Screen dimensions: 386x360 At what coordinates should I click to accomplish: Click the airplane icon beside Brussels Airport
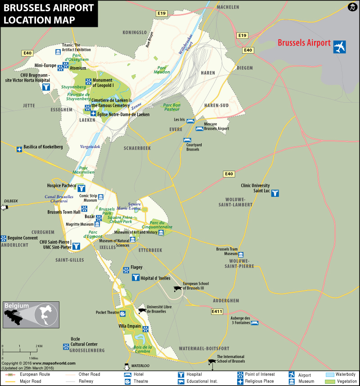click(340, 46)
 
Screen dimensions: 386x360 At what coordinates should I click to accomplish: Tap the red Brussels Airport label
click(304, 44)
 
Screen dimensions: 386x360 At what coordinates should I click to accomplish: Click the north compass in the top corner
click(352, 8)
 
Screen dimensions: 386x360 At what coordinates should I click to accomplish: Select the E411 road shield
click(217, 311)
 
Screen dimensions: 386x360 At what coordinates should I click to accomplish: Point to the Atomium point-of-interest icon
click(66, 66)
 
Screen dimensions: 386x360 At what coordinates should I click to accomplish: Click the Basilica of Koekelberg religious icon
click(19, 150)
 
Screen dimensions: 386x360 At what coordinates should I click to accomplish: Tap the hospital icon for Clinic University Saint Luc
click(275, 193)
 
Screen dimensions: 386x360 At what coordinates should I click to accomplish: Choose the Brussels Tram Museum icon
click(241, 254)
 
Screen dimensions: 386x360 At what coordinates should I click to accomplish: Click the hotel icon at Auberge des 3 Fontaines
click(254, 322)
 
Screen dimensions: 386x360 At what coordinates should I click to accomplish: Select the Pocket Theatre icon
click(122, 313)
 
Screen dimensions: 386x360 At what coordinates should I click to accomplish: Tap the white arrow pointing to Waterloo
click(126, 366)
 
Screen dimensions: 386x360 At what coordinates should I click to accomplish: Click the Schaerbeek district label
click(137, 148)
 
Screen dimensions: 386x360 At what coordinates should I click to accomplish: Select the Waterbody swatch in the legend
click(329, 374)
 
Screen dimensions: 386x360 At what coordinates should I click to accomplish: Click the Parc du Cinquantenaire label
click(160, 225)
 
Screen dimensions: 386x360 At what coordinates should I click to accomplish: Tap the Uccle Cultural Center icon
click(65, 346)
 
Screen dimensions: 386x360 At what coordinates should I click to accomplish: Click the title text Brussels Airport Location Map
click(48, 14)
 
